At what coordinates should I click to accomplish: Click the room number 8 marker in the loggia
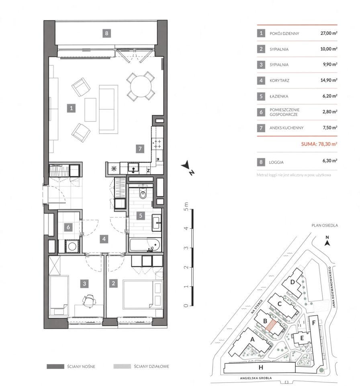pyautogui.click(x=106, y=33)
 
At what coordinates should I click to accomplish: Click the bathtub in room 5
pyautogui.click(x=145, y=245)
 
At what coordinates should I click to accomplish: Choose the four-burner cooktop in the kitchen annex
pyautogui.click(x=157, y=144)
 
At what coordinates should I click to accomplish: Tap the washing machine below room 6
pyautogui.click(x=72, y=246)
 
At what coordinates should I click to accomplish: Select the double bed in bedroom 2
pyautogui.click(x=143, y=294)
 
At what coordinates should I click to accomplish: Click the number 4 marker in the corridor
pyautogui.click(x=104, y=239)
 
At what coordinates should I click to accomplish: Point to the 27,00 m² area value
pyautogui.click(x=329, y=33)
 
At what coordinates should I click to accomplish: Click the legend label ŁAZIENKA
pyautogui.click(x=279, y=96)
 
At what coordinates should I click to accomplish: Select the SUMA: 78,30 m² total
pyautogui.click(x=319, y=144)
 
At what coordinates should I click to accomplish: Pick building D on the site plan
pyautogui.click(x=292, y=282)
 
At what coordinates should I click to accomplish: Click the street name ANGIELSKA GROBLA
pyautogui.click(x=256, y=378)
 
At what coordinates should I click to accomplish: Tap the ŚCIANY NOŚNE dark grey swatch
pyautogui.click(x=55, y=367)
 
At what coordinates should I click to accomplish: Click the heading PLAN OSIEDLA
pyautogui.click(x=325, y=225)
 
